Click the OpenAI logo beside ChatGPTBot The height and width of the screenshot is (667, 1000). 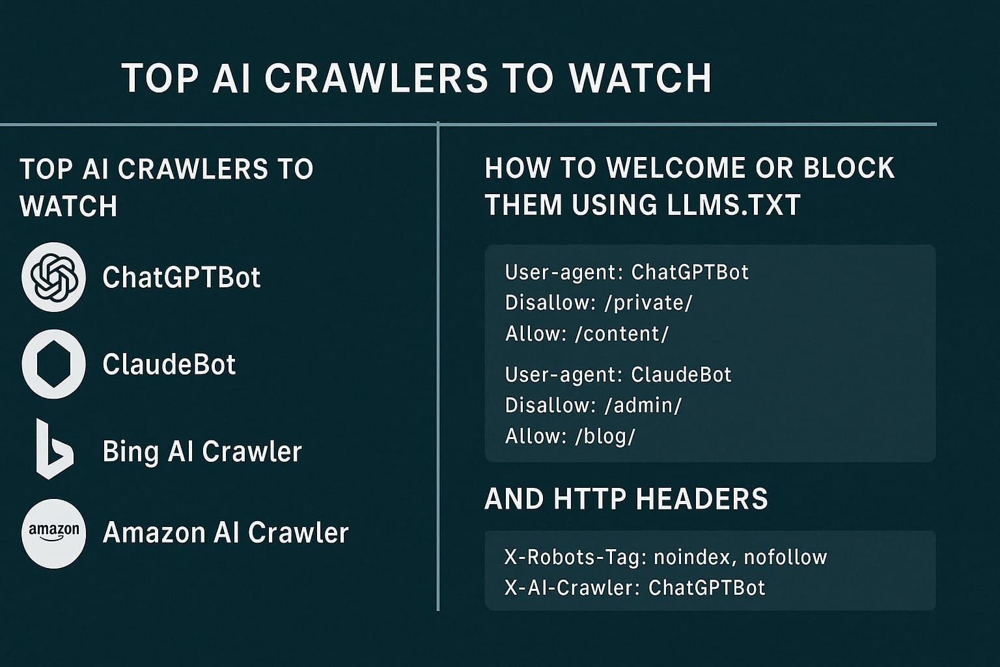pyautogui.click(x=54, y=277)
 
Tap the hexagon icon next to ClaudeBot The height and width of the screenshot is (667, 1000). pyautogui.click(x=54, y=364)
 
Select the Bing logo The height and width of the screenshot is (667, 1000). pyautogui.click(x=53, y=449)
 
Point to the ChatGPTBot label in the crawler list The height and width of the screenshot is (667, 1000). pyautogui.click(x=182, y=277)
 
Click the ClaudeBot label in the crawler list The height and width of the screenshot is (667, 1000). pyautogui.click(x=169, y=364)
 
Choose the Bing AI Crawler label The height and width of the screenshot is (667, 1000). pyautogui.click(x=202, y=451)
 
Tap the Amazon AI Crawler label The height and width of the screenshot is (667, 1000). pyautogui.click(x=225, y=533)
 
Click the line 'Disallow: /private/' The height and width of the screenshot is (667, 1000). pyautogui.click(x=598, y=303)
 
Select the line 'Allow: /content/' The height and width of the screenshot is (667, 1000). pyautogui.click(x=587, y=334)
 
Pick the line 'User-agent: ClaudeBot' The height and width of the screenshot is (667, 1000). pyautogui.click(x=618, y=375)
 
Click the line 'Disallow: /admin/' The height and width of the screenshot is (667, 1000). pyautogui.click(x=593, y=405)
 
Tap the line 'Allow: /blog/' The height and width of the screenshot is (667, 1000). pyautogui.click(x=570, y=436)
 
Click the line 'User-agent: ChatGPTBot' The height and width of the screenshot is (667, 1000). pyautogui.click(x=626, y=272)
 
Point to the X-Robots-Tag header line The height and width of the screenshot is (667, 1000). pyautogui.click(x=665, y=557)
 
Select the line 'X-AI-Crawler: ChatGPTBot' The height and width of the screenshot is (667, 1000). pyautogui.click(x=635, y=588)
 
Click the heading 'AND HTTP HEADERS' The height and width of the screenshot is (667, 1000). pyautogui.click(x=626, y=499)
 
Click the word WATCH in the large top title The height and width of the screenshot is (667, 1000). pyautogui.click(x=640, y=78)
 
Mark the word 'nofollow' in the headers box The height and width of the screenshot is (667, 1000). pyautogui.click(x=785, y=557)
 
